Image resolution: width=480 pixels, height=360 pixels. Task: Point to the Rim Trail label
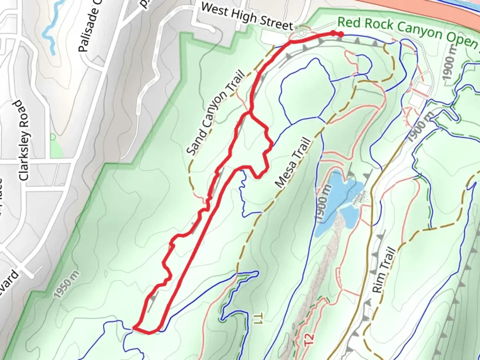[x=383, y=270]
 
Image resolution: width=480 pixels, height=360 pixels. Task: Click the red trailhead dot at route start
[x=341, y=34]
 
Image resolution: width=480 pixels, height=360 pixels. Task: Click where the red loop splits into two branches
[x=250, y=113]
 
